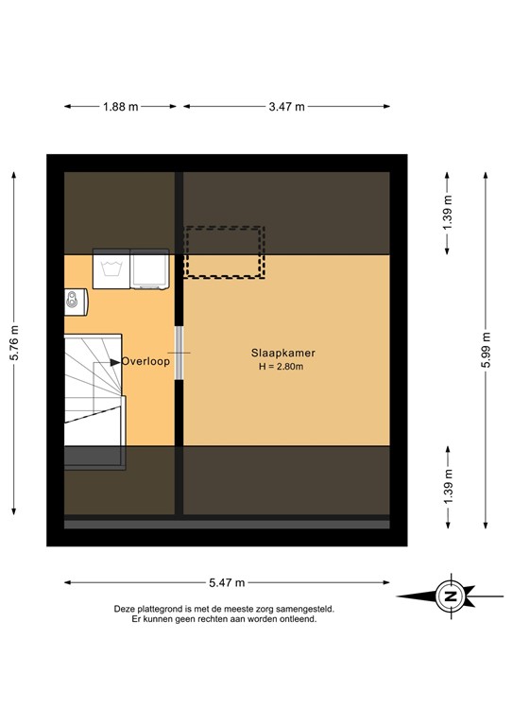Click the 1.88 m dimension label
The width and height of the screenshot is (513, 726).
coord(120,107)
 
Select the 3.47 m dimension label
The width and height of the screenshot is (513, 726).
coord(285,107)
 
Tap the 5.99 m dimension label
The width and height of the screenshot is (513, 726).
coord(487,349)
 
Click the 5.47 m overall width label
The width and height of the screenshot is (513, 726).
coord(226,582)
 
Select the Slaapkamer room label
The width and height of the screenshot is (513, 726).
coord(283,351)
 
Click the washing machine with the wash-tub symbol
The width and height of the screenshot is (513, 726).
coord(111,268)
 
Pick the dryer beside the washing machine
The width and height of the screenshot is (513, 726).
coord(148,268)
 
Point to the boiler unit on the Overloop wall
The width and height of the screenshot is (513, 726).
coord(73,301)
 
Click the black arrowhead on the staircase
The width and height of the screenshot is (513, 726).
coord(115,361)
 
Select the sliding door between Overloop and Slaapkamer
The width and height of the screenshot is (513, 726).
coord(179,353)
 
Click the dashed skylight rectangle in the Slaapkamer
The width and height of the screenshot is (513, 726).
coord(224,251)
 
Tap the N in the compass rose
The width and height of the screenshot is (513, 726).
coord(451,596)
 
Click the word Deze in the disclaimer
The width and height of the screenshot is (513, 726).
coord(126,610)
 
